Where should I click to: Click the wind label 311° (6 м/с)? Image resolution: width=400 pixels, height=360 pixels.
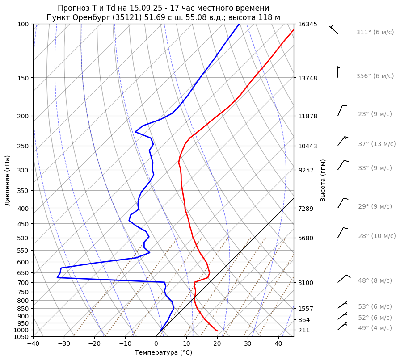tap(375, 33)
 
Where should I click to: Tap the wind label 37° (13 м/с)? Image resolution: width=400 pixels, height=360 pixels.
tap(377, 144)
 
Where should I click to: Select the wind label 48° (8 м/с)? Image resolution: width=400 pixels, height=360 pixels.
tap(375, 280)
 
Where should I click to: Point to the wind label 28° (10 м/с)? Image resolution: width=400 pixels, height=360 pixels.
tap(377, 236)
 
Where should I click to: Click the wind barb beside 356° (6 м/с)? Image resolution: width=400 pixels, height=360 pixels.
tap(338, 72)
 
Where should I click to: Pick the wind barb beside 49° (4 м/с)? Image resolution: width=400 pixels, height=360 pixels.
tap(342, 326)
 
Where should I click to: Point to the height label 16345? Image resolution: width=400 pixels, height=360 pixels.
tap(307, 24)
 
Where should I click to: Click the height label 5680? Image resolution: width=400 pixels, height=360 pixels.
tap(306, 238)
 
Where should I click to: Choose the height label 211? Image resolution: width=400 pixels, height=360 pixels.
tap(304, 330)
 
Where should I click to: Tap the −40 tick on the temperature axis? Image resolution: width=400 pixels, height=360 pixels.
tap(33, 343)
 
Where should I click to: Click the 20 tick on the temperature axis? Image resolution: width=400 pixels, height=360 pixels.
tap(217, 343)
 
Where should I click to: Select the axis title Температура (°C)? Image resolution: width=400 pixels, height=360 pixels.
tap(164, 352)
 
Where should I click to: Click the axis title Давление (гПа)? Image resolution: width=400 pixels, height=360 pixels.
tap(8, 180)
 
